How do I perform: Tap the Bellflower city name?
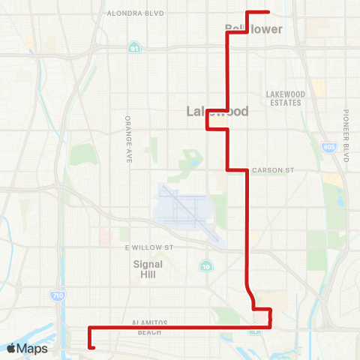(x=253, y=29)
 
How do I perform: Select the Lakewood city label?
(x=217, y=112)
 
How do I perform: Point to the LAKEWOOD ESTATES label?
(x=283, y=98)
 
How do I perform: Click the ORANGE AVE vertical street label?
(x=128, y=139)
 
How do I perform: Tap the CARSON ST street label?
(x=272, y=170)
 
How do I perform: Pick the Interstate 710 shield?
(x=58, y=296)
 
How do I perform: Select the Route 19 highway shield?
(x=205, y=266)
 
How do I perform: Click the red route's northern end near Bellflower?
(x=268, y=12)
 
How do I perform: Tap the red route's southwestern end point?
(x=93, y=347)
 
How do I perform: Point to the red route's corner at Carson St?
(x=247, y=170)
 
